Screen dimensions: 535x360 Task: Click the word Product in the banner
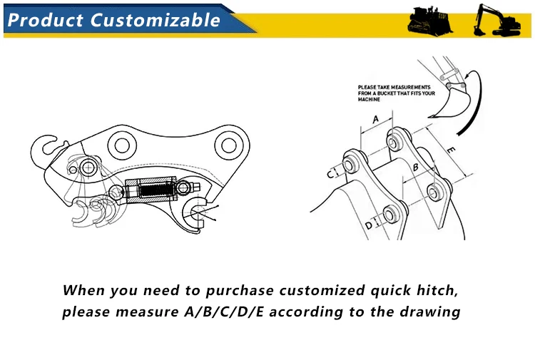(44, 20)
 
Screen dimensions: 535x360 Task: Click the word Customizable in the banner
(156, 20)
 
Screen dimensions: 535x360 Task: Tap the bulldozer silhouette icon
(431, 21)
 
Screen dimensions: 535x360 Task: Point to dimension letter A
(376, 120)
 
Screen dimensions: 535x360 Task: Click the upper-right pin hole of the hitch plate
(228, 146)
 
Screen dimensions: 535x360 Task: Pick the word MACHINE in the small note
(369, 100)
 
